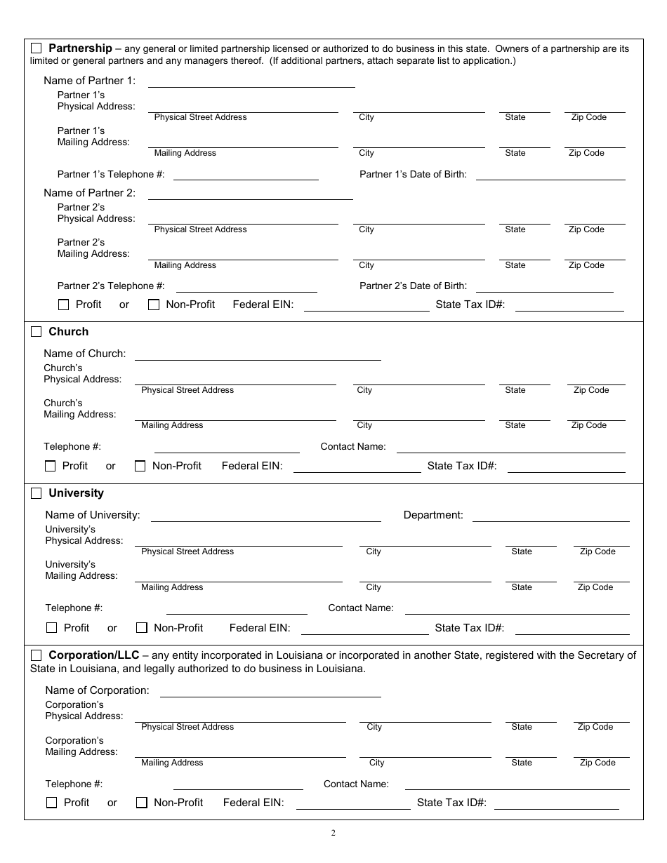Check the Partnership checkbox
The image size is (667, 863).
pos(37,49)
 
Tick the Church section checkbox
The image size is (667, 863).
pos(37,332)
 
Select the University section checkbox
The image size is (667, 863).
pos(37,494)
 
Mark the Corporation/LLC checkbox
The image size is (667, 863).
pos(37,655)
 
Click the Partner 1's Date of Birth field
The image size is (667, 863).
pos(550,175)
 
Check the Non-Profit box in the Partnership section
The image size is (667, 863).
pos(154,305)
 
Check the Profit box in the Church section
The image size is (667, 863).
pos(51,466)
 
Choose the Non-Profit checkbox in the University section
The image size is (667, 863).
pos(142,628)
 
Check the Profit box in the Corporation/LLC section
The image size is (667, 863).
pos(51,803)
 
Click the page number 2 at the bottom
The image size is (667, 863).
pos(333,834)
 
